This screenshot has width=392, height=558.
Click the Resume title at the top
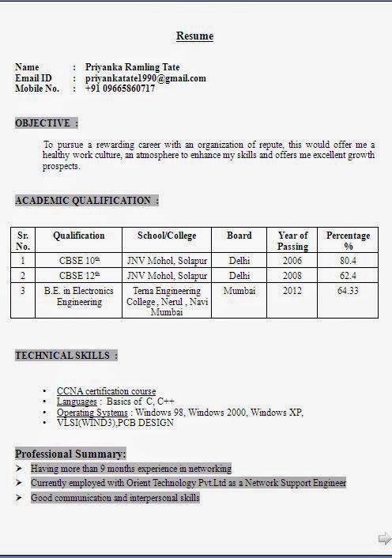click(x=194, y=36)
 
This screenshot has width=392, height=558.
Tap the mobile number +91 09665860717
click(x=120, y=89)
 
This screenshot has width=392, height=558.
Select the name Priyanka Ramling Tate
click(x=132, y=67)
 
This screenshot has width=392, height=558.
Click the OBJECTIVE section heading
click(x=46, y=123)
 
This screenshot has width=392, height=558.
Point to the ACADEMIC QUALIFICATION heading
click(x=86, y=201)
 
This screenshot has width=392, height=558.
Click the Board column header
click(x=239, y=236)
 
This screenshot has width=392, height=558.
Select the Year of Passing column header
click(x=292, y=241)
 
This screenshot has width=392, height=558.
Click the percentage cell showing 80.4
click(x=348, y=260)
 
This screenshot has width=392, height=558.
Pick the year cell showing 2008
click(x=292, y=276)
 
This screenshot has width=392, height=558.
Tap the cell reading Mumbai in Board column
click(x=239, y=291)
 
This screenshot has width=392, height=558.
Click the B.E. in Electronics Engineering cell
click(x=79, y=296)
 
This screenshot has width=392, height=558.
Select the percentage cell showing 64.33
click(x=348, y=291)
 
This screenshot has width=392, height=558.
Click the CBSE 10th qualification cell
click(x=79, y=260)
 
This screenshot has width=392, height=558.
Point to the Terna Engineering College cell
click(x=167, y=301)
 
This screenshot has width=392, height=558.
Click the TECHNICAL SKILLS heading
click(x=66, y=356)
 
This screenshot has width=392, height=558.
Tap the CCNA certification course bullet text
click(x=106, y=391)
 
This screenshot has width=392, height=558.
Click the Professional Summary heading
click(x=70, y=454)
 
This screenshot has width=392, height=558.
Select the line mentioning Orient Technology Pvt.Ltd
click(x=188, y=483)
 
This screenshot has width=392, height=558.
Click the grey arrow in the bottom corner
click(x=384, y=538)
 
